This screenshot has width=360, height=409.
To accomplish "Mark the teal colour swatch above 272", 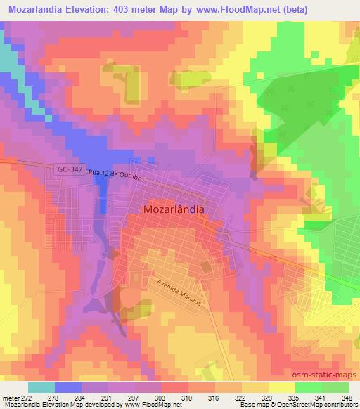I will (x=41, y=387).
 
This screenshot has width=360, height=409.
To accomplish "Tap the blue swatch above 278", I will (x=68, y=387).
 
